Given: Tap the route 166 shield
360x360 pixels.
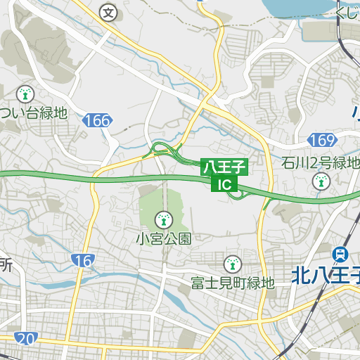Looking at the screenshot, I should (96, 120).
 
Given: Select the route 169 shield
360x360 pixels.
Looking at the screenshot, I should (321, 139).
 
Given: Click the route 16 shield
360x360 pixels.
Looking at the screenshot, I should (83, 261).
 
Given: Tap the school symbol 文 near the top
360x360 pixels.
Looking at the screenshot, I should (108, 12).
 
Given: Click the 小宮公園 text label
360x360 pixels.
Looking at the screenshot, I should (163, 238).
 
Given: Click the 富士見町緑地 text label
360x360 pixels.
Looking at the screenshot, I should (232, 283).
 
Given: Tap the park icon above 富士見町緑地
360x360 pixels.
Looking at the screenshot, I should (231, 265).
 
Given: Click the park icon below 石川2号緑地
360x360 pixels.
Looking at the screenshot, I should (321, 181).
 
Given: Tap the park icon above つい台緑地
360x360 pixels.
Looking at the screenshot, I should (25, 93).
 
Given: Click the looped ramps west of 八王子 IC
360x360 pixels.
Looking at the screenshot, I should (163, 150).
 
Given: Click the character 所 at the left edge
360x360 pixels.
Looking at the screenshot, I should (6, 266).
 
